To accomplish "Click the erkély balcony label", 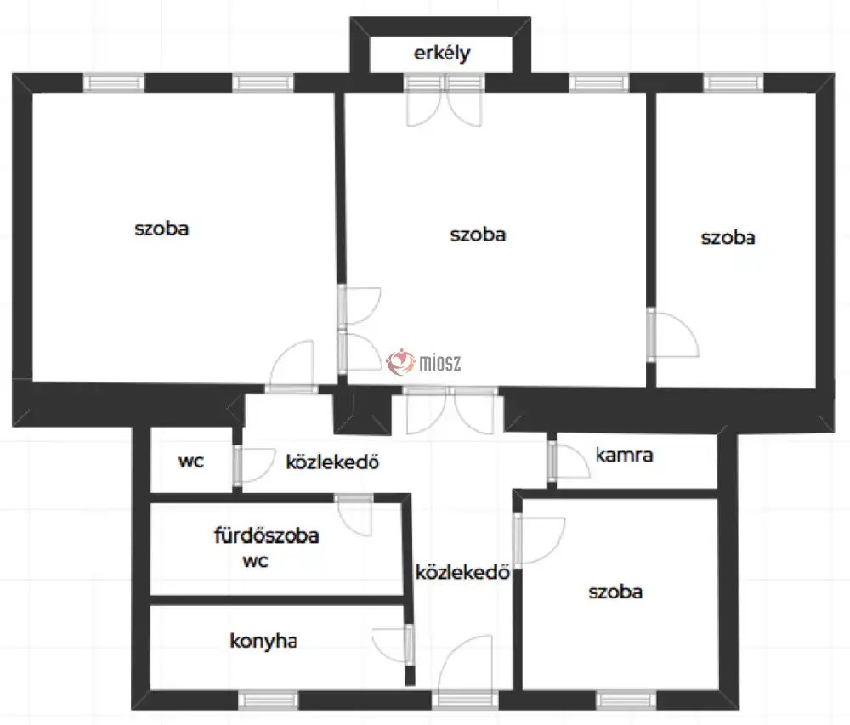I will coord(442,54).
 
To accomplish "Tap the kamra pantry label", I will coord(624,455).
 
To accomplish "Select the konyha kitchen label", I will coord(263,641).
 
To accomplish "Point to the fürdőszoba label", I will coord(265,536).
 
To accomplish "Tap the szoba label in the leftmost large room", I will coord(161,229).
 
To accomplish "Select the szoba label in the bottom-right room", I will coord(615,592).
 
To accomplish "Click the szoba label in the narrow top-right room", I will coord(728,238).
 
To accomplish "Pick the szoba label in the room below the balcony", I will coord(478,234).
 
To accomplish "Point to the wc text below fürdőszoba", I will coord(255,562).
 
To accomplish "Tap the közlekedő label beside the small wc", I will coord(331,463).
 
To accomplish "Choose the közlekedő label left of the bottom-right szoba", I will coord(462,572).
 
